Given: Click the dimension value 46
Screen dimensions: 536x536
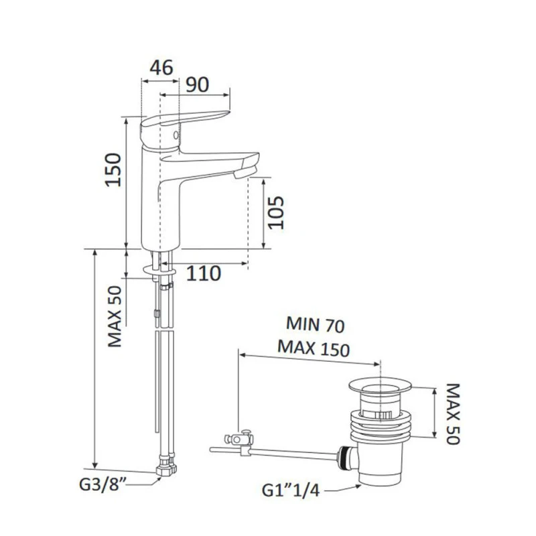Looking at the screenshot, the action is [x=161, y=68].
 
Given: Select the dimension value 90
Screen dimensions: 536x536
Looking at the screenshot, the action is [x=197, y=84].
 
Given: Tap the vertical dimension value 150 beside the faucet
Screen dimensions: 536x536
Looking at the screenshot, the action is [x=113, y=170].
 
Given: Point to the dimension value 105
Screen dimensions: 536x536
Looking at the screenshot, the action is [x=276, y=212].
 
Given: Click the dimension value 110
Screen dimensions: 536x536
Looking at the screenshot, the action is [x=204, y=273].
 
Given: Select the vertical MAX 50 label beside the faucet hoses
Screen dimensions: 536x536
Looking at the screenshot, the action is [x=115, y=316].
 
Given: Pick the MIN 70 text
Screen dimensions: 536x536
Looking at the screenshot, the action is [x=315, y=324].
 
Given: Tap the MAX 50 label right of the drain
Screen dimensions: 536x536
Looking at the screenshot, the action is [x=454, y=413].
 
